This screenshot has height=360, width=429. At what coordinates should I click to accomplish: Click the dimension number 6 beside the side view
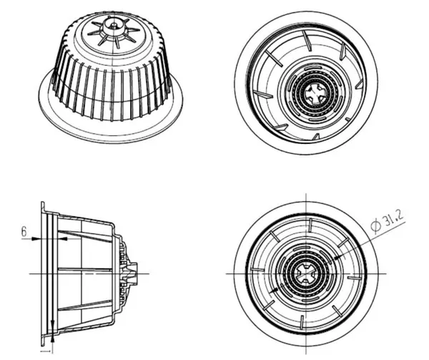[24, 232]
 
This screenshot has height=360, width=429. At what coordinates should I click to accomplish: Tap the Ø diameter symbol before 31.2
[376, 226]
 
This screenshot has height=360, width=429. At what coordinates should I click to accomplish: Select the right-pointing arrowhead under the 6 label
[35, 239]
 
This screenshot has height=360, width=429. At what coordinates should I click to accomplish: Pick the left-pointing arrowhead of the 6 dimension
[63, 239]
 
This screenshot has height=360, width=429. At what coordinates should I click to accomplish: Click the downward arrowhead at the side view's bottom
[52, 324]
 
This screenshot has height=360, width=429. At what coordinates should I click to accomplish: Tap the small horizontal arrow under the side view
[46, 351]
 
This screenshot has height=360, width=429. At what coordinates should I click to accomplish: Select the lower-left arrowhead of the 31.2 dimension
[274, 291]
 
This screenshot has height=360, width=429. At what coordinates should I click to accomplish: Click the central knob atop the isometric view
[113, 25]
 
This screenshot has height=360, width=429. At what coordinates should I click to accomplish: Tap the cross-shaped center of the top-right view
[315, 94]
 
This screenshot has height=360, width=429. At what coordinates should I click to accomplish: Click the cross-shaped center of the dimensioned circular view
[306, 273]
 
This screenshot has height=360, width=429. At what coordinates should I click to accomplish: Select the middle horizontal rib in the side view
[85, 270]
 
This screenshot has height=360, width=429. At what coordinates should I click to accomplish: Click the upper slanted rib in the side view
[85, 236]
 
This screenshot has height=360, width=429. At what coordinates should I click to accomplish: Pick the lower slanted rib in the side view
[85, 305]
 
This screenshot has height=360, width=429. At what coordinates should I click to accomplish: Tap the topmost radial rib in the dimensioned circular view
[310, 225]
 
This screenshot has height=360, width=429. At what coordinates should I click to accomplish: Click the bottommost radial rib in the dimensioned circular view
[302, 322]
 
